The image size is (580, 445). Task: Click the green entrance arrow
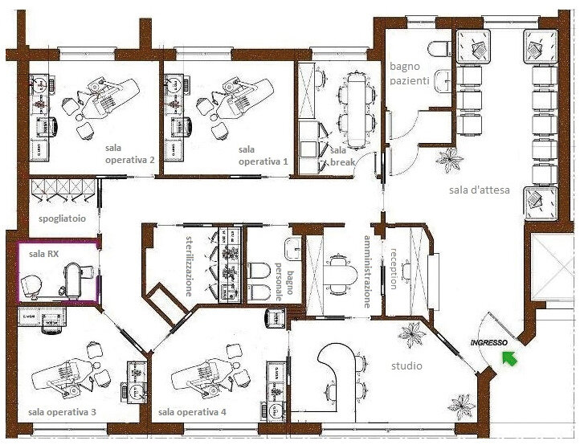(x=509, y=358)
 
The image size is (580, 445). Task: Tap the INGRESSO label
(x=488, y=343)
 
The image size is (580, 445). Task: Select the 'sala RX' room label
(x=43, y=254)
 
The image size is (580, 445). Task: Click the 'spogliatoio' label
(x=62, y=218)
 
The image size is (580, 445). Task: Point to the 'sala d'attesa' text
(x=480, y=190)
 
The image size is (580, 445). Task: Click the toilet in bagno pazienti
(x=439, y=48)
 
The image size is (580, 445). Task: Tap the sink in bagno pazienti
(x=443, y=80)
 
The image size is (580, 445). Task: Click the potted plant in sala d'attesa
(x=449, y=160)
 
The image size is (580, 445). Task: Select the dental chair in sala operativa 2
(x=110, y=98)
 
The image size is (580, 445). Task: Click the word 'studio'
(x=406, y=365)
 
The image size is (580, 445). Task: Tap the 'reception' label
(x=394, y=268)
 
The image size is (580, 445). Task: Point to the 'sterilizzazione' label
(x=189, y=266)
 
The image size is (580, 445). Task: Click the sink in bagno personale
(x=293, y=248)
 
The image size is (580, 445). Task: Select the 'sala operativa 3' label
(x=62, y=412)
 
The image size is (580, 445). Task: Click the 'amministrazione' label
(x=367, y=271)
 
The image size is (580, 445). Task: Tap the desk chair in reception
(x=406, y=271)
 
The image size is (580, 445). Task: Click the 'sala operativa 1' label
(x=263, y=155)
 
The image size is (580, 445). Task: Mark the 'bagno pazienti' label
(x=410, y=74)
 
